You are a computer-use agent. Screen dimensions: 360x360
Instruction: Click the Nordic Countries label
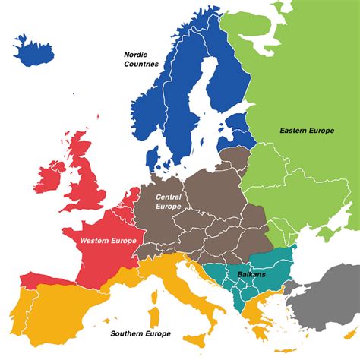(x=142, y=59)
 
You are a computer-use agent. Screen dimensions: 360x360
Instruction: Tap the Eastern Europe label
(x=306, y=131)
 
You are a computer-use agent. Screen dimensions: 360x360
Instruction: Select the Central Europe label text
(x=168, y=201)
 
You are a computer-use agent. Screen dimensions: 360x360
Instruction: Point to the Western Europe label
(x=108, y=241)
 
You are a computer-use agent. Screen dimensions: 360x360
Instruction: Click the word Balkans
(x=250, y=274)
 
